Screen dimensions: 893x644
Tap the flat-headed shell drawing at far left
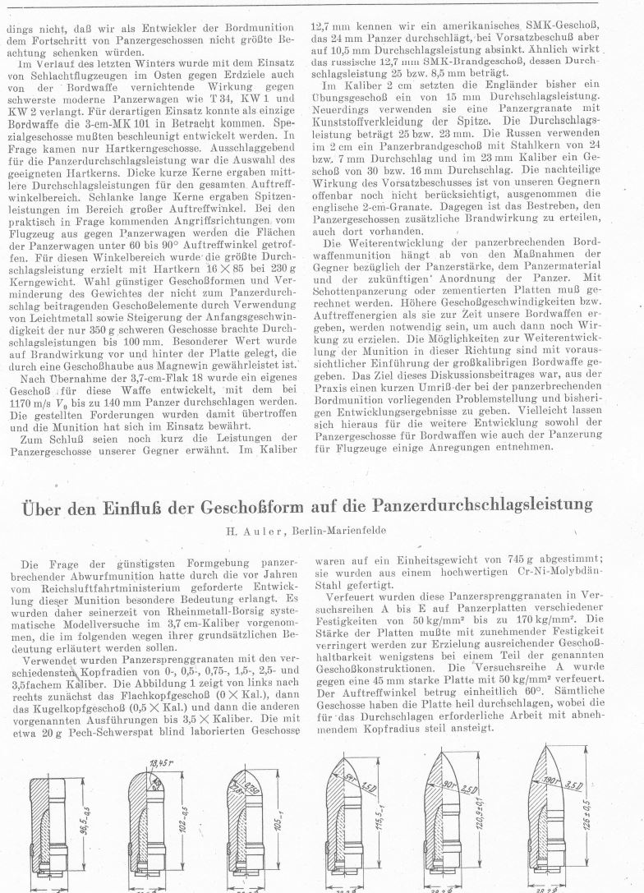tap(53, 829)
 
